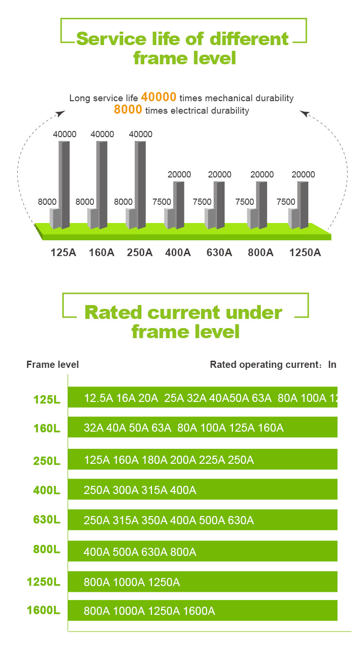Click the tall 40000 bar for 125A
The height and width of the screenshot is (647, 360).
[x=64, y=185]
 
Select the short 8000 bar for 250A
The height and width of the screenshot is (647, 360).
[x=132, y=219]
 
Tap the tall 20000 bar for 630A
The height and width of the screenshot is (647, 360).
[x=219, y=205]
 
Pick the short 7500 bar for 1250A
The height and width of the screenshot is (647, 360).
[x=294, y=219]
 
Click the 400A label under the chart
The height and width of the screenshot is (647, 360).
[x=178, y=252]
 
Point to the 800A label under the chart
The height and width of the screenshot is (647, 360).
[x=260, y=252]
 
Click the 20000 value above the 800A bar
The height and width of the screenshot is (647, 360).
[x=262, y=175]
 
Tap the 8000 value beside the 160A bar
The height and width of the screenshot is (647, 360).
[x=85, y=201]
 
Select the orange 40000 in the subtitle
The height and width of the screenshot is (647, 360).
[x=159, y=97]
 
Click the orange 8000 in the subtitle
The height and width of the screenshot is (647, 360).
[x=128, y=109]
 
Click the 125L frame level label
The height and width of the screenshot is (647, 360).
[x=47, y=400]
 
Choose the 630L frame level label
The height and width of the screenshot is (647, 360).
[x=47, y=519]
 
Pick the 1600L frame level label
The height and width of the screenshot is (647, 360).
[x=44, y=611]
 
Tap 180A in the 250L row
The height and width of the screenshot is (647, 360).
[x=154, y=460]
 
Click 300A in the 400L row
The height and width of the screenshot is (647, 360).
[x=125, y=490]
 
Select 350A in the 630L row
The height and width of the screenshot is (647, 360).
[x=154, y=520]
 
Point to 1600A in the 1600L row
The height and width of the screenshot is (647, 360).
[x=199, y=611]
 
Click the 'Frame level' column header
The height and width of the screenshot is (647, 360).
[x=53, y=365]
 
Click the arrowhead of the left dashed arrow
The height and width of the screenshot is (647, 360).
[x=61, y=113]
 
